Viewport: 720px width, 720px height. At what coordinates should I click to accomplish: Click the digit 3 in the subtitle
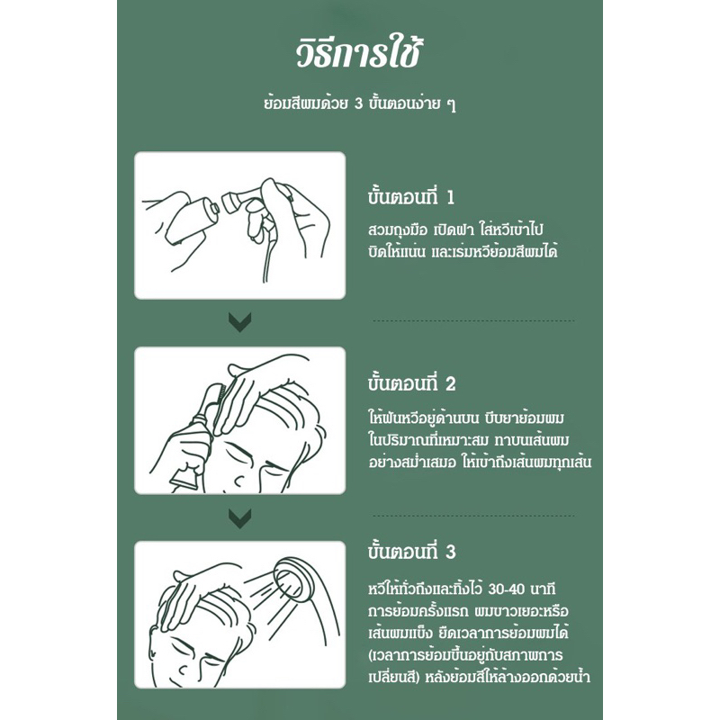[358, 103]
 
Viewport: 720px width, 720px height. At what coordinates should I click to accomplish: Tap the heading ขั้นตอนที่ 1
[411, 196]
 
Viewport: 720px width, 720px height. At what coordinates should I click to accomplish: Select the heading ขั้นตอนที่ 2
[411, 383]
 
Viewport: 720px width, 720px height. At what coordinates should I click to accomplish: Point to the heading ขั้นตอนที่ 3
[411, 551]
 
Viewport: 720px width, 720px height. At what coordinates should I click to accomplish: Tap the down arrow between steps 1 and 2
[239, 322]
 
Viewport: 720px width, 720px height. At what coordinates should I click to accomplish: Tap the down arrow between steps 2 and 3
[239, 518]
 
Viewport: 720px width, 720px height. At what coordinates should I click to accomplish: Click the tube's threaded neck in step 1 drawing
[214, 208]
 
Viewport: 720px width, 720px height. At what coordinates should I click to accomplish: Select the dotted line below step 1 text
[473, 320]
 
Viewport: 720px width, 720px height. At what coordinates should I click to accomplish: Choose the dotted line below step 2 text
[473, 516]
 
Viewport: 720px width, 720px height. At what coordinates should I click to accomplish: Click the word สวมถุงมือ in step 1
[398, 229]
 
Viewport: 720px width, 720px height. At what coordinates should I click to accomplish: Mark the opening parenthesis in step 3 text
[371, 655]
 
